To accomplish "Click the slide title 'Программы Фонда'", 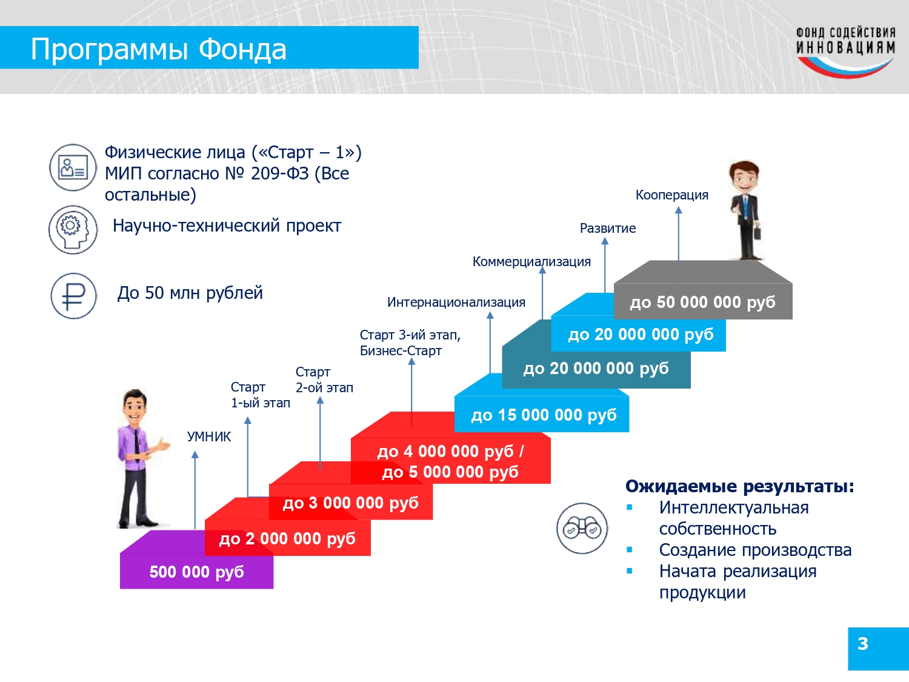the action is click(159, 49).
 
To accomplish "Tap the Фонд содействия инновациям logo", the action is click(845, 52).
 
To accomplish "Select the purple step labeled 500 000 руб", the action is click(196, 572).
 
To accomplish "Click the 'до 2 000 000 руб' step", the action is click(287, 538).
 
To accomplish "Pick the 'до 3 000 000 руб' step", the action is click(351, 503).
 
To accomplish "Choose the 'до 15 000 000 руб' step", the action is click(544, 415).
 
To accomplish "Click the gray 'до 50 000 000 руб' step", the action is click(703, 302).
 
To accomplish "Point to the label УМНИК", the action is click(208, 436).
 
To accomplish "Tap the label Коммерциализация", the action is click(531, 262).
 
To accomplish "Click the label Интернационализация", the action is click(456, 303).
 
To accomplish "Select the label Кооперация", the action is click(671, 195).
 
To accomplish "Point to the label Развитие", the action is click(608, 228).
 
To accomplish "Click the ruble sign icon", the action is click(74, 296).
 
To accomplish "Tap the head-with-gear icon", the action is click(73, 230).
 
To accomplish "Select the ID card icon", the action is click(73, 167).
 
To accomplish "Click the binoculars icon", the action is click(582, 529).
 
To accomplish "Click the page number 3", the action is click(862, 643).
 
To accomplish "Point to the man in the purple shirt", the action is click(141, 459).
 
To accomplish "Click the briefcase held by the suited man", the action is click(757, 233).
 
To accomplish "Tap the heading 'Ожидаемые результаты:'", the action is click(740, 486).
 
